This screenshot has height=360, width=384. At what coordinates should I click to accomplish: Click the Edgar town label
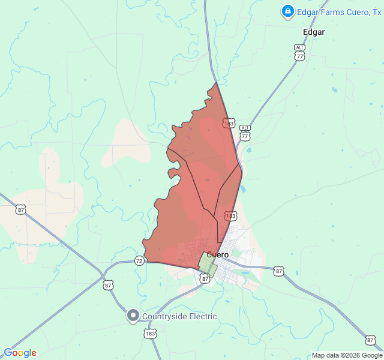pyautogui.click(x=314, y=32)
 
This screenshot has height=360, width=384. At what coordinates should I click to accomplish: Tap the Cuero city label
pyautogui.click(x=217, y=254)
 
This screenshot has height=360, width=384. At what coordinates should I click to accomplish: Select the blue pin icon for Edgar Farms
pyautogui.click(x=287, y=11)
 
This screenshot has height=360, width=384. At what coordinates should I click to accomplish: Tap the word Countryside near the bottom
pyautogui.click(x=164, y=316)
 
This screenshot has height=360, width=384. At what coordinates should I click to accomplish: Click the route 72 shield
pyautogui.click(x=139, y=260)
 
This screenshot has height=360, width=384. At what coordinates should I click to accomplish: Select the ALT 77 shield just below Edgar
pyautogui.click(x=299, y=53)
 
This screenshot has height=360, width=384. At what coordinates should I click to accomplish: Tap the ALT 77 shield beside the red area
pyautogui.click(x=245, y=133)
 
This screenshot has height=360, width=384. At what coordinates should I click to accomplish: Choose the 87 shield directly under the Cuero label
pyautogui.click(x=205, y=278)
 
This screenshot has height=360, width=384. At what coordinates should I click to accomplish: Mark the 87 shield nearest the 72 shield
pyautogui.click(x=108, y=285)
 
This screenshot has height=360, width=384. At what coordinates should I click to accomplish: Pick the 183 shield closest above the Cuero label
pyautogui.click(x=230, y=215)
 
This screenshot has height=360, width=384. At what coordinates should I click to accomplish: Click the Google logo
pyautogui.click(x=20, y=353)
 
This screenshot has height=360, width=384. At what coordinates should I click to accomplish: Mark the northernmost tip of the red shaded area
pyautogui.click(x=216, y=83)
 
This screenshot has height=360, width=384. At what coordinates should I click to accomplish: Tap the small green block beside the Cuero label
pyautogui.click(x=208, y=264)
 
